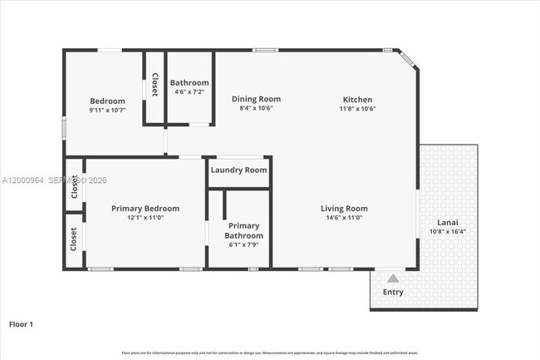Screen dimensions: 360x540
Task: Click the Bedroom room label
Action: (107, 101)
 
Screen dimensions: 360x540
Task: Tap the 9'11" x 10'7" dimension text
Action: (107, 110)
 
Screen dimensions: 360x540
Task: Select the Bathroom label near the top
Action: (189, 82)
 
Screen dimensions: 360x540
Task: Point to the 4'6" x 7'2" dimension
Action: (189, 91)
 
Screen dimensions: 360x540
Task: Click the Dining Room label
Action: (256, 99)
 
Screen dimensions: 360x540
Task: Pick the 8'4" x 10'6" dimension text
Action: (256, 108)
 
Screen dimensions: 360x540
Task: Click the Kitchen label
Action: (357, 99)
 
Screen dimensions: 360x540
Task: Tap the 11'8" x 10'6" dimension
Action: (357, 108)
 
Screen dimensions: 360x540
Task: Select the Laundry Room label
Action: (239, 170)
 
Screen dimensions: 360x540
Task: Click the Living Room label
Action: (345, 209)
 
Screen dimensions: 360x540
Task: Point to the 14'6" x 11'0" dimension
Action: (345, 218)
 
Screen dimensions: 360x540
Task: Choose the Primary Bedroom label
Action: (145, 209)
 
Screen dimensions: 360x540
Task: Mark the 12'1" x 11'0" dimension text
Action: (145, 218)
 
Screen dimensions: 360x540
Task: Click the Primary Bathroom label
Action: (244, 230)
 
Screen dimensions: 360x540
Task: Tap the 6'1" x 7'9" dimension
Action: (244, 245)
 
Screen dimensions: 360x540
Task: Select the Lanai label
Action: (449, 223)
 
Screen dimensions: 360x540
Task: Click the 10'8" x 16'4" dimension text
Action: (449, 232)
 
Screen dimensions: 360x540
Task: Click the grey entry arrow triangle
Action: (392, 279)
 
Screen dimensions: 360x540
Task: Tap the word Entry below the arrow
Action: (393, 293)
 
